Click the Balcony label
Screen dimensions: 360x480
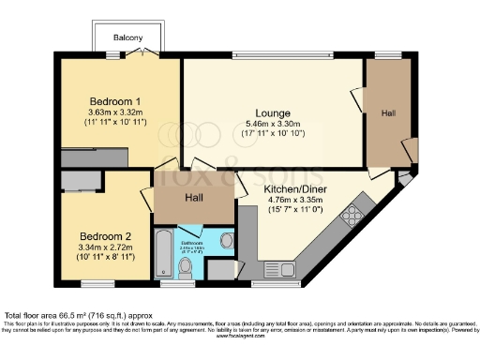(x=128, y=37)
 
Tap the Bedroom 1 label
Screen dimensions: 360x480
(x=115, y=101)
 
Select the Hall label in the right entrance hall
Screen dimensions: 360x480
(x=388, y=112)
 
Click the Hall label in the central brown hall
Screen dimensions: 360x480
(x=194, y=198)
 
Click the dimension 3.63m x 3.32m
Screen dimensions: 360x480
(x=115, y=113)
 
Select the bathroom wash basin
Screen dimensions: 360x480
(x=226, y=241)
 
